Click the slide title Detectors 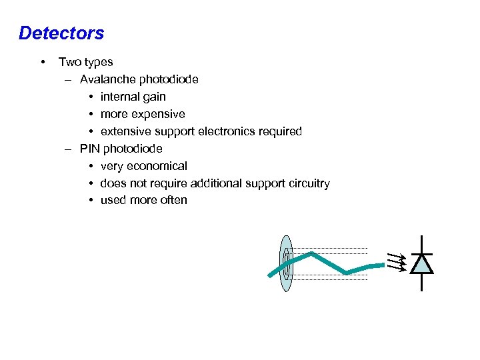61,33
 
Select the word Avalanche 107,79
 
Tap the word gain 153,97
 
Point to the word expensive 159,114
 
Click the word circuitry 306,183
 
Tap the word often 173,200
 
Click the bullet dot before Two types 43,62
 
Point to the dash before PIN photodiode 69,149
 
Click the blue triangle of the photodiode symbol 421,264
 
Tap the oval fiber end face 286,263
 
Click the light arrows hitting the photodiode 397,262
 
